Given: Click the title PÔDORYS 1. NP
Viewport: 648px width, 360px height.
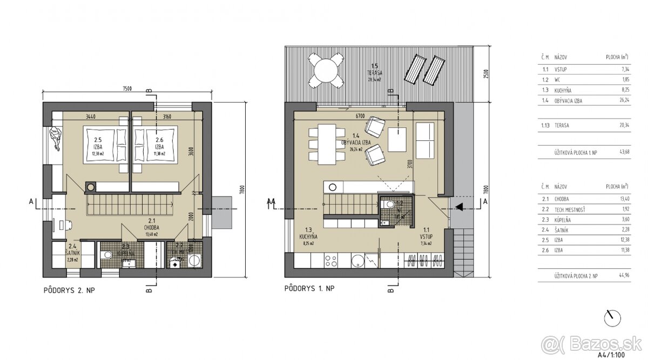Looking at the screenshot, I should [309, 289].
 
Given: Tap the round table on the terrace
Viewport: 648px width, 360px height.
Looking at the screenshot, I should [326, 71].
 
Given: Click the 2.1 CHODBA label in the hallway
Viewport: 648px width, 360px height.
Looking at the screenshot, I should [151, 223].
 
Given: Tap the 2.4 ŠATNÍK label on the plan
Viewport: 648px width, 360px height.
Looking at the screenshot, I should [72, 253].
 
